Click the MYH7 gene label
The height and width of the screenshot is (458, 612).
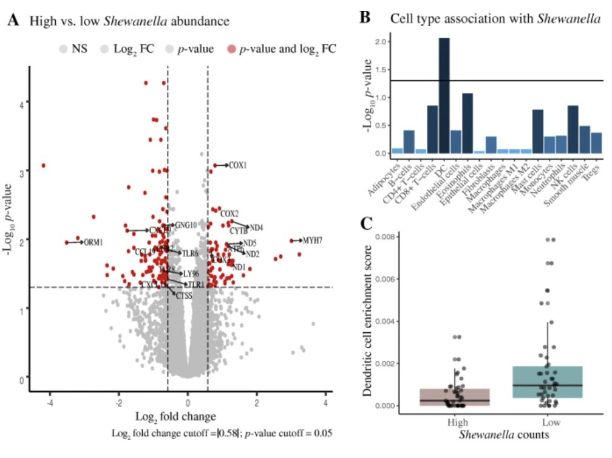(312, 241)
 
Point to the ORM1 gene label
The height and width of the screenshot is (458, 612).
(93, 242)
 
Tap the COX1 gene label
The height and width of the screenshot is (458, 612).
(238, 165)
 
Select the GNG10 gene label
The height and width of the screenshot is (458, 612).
(186, 225)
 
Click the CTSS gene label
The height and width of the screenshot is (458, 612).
(184, 296)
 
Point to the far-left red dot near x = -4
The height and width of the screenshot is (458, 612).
(44, 165)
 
